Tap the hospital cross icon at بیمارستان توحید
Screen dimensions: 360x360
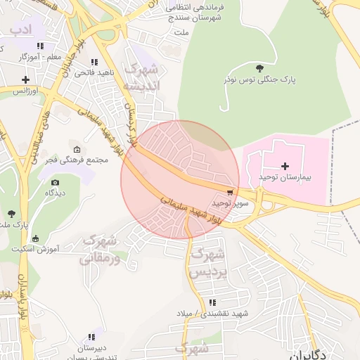coord(285,167)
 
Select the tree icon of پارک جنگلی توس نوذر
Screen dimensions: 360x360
coord(260,68)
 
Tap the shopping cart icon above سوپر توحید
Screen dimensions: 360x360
coord(230,192)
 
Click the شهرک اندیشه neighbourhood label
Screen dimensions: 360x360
coord(142,77)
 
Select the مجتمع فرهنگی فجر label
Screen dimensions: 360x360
coord(77,160)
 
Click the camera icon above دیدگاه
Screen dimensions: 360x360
coord(55,181)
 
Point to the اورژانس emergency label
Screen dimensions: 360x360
coord(25,91)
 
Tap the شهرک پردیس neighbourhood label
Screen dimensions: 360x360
coord(209,262)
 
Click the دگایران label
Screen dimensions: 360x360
coord(307,354)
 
